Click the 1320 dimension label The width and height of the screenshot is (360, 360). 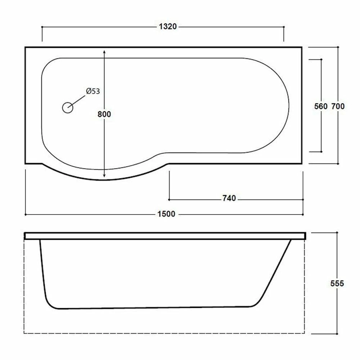tap(168, 27)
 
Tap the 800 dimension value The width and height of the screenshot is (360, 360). tap(104, 114)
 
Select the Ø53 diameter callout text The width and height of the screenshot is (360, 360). tap(93, 91)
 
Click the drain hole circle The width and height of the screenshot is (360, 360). tap(68, 107)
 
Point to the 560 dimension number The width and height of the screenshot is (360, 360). tap(321, 106)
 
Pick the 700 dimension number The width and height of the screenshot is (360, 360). tap(338, 106)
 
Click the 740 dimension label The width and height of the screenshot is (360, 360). tap(229, 198)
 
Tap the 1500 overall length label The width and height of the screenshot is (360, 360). tap(166, 214)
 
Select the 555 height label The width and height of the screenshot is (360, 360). tap(337, 284)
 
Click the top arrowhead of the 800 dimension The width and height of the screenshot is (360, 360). tap(104, 52)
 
